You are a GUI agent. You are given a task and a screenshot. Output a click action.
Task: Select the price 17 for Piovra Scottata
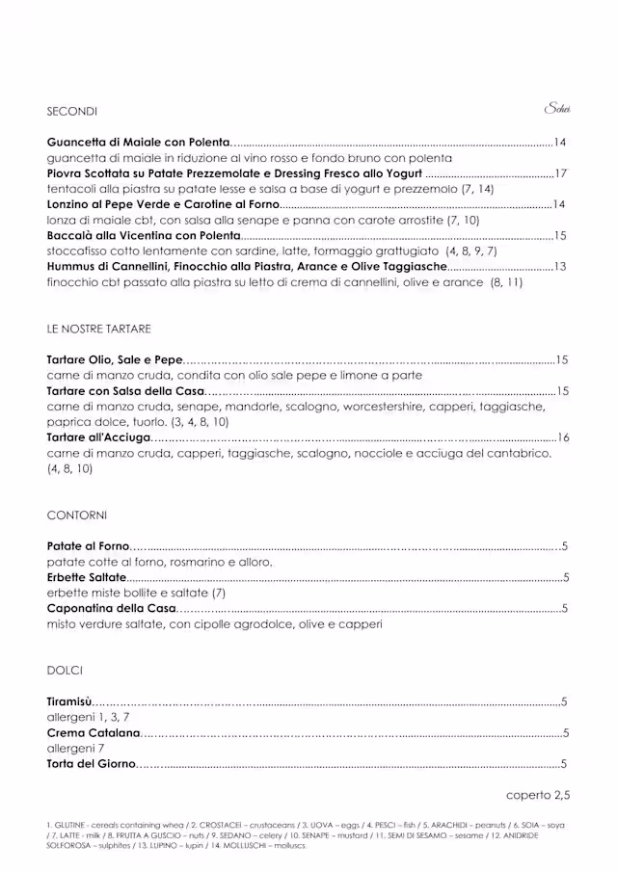tap(561, 173)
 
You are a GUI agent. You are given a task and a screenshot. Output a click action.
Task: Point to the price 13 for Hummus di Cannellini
tap(560, 266)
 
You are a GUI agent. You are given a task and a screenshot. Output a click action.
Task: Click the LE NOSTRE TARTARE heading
tap(98, 329)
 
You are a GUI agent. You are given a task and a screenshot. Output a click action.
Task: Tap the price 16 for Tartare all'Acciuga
tap(563, 437)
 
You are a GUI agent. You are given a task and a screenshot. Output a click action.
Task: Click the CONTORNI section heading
tap(76, 515)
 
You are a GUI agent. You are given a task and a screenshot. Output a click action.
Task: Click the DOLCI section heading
tap(65, 671)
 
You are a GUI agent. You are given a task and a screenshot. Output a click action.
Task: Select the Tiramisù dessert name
tap(69, 701)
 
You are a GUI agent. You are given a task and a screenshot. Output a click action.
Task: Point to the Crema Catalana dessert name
tap(94, 733)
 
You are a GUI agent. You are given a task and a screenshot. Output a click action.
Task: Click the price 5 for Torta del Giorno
tap(564, 764)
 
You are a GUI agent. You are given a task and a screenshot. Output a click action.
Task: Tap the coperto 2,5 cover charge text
tap(538, 796)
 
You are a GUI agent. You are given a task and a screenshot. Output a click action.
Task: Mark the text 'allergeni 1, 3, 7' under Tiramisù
tap(88, 718)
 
